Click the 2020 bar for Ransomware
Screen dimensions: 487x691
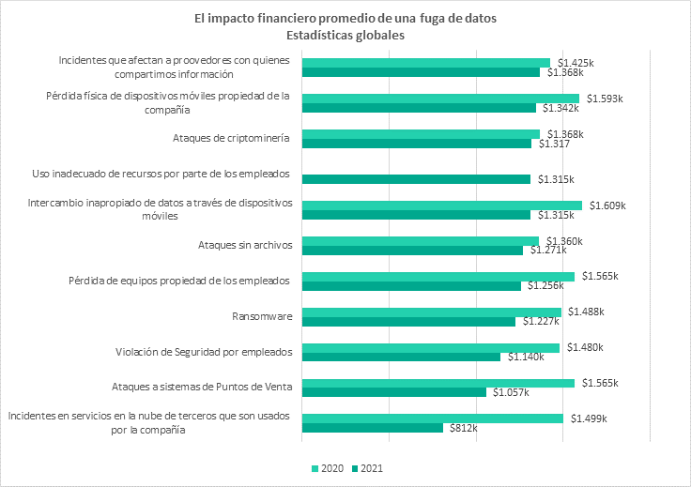[x=431, y=312]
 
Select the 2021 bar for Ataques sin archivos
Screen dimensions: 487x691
[x=412, y=251]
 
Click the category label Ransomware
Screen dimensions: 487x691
[x=261, y=316]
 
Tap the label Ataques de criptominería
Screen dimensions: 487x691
[x=231, y=139]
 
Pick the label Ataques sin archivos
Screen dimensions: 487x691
[x=245, y=245]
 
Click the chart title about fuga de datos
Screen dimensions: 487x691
[x=345, y=18]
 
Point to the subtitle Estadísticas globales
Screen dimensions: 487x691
[x=345, y=36]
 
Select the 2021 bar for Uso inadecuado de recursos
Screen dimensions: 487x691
[x=416, y=179]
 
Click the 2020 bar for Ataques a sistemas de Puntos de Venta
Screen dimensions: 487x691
[x=438, y=383]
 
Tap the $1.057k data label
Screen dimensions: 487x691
[x=508, y=392]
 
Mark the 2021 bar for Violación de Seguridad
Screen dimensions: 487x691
[x=401, y=357]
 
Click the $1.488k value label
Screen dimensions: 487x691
[x=584, y=312]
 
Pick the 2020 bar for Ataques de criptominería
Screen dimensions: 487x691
[x=421, y=134]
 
